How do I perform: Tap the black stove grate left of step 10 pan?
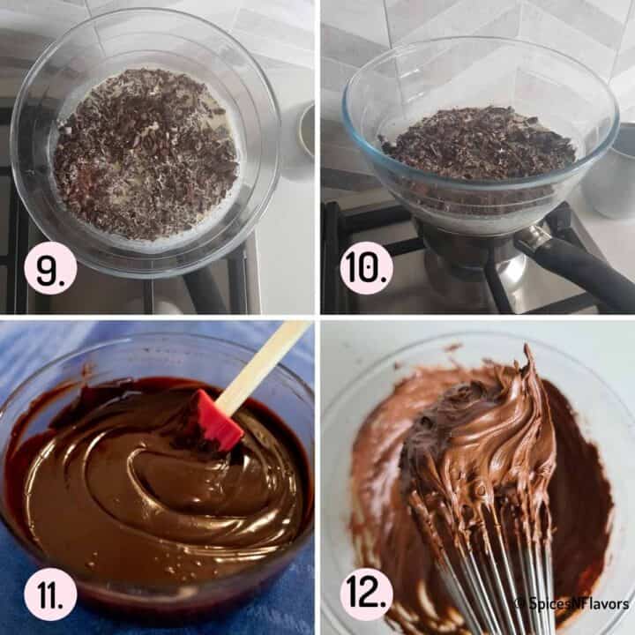pyautogui.click(x=333, y=256)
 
